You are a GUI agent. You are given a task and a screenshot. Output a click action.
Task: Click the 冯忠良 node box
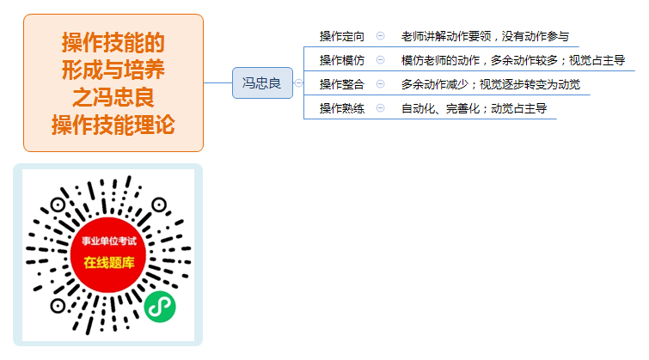262,82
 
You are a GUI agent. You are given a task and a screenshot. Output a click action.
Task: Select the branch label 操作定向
342,36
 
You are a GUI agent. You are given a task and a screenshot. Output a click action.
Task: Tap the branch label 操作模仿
342,60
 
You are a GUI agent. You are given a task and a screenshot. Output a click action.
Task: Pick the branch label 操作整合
342,84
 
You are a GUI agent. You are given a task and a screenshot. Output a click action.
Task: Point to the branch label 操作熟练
342,108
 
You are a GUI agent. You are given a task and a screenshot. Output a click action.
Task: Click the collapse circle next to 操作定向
381,36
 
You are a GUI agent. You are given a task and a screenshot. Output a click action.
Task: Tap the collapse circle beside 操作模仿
381,60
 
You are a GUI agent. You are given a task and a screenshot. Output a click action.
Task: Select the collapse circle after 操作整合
381,84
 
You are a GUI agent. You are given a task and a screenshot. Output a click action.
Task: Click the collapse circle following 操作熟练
381,108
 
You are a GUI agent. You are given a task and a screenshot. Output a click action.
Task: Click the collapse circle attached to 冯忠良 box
298,83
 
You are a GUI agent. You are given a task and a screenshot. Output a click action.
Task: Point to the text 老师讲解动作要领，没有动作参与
485,36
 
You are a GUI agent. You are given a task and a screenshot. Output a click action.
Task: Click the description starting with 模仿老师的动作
513,60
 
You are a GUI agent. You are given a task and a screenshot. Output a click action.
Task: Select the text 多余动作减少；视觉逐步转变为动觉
491,84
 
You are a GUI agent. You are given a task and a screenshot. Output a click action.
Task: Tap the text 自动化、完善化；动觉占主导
474,108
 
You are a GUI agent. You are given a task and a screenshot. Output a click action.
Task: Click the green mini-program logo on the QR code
160,307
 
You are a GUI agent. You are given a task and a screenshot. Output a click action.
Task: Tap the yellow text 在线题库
109,262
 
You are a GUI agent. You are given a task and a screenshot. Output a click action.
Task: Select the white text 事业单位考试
109,241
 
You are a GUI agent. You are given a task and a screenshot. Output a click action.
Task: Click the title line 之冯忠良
113,97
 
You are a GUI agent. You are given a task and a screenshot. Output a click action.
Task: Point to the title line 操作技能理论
113,125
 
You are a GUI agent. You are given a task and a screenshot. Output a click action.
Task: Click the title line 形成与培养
113,70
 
